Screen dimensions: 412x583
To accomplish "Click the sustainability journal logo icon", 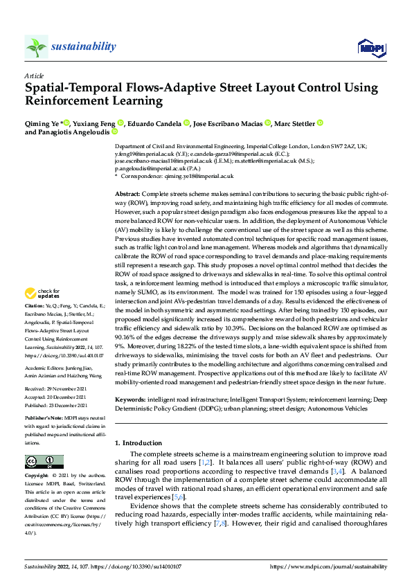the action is pos(36,46).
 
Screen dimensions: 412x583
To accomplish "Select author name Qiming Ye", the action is pos(41,123).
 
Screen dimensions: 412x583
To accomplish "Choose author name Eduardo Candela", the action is pos(154,123).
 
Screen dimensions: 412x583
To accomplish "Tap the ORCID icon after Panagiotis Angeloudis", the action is pos(115,132).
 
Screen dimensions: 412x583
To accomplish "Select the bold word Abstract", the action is pos(127,195).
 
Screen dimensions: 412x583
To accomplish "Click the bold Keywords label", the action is pos(129,400).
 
